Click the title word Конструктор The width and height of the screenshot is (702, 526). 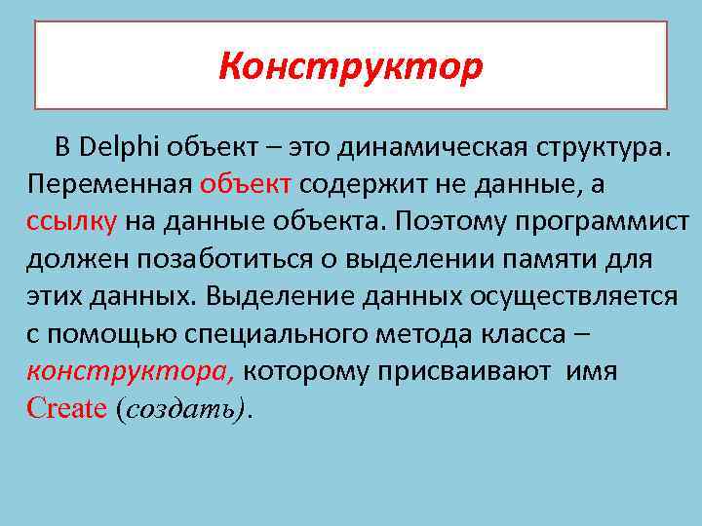tap(350, 66)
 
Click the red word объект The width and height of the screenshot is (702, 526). tap(248, 184)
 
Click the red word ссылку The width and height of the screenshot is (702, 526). tap(72, 221)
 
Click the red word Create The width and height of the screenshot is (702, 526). tap(65, 408)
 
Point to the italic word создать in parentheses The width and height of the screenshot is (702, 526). tap(182, 409)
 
